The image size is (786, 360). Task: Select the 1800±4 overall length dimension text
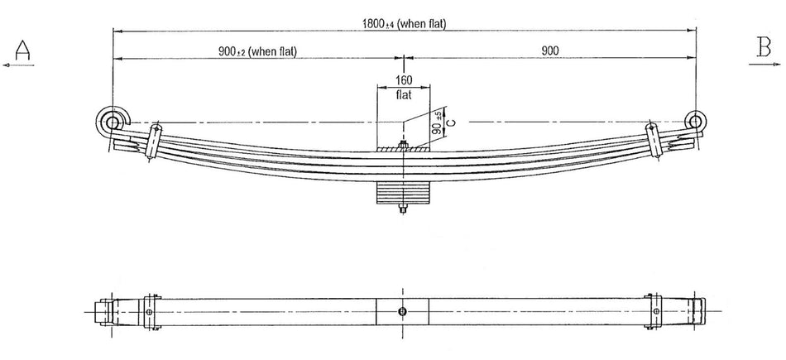(x=403, y=24)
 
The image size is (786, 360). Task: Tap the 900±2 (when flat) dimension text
(x=257, y=51)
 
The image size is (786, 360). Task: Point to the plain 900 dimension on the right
(x=549, y=51)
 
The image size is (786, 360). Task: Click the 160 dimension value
(x=403, y=80)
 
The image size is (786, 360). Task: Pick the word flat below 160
(x=403, y=94)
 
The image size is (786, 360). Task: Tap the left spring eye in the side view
(x=113, y=122)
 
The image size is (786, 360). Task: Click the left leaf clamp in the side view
(x=153, y=142)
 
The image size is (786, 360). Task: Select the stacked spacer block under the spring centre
(x=403, y=194)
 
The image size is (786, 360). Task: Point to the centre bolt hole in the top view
(x=402, y=311)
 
